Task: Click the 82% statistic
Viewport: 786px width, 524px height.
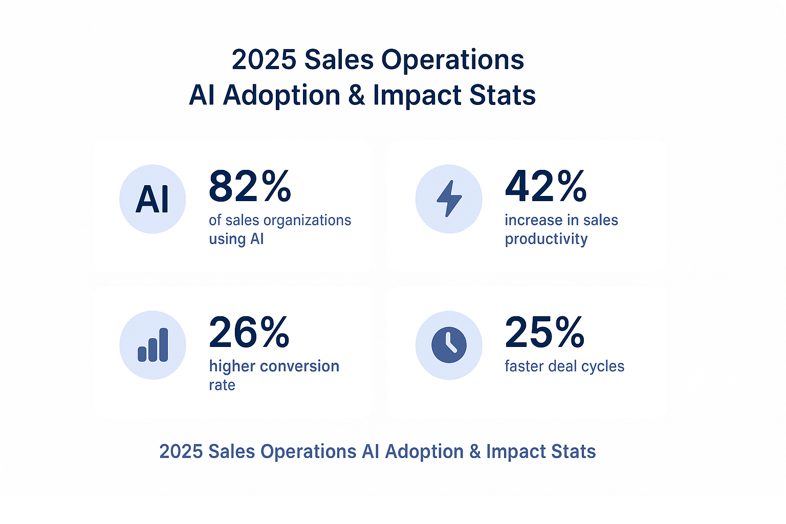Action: tap(250, 187)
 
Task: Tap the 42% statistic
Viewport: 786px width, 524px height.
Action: tap(545, 187)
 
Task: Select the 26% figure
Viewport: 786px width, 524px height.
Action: tap(249, 333)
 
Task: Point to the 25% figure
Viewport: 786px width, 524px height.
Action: tap(544, 333)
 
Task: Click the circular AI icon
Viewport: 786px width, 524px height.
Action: tap(152, 199)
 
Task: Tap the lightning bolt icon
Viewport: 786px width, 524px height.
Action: tap(449, 199)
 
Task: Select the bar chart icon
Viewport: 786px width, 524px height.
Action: tap(152, 345)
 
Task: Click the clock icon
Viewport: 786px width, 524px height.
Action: tap(449, 345)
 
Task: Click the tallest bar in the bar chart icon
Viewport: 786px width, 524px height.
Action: tap(164, 345)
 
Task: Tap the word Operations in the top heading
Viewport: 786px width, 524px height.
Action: tap(452, 60)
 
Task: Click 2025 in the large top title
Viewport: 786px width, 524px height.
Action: tap(264, 60)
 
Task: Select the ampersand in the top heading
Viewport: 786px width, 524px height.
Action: tap(357, 96)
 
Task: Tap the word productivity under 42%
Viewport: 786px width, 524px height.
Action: tap(546, 239)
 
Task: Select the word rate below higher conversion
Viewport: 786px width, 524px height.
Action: tap(222, 385)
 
